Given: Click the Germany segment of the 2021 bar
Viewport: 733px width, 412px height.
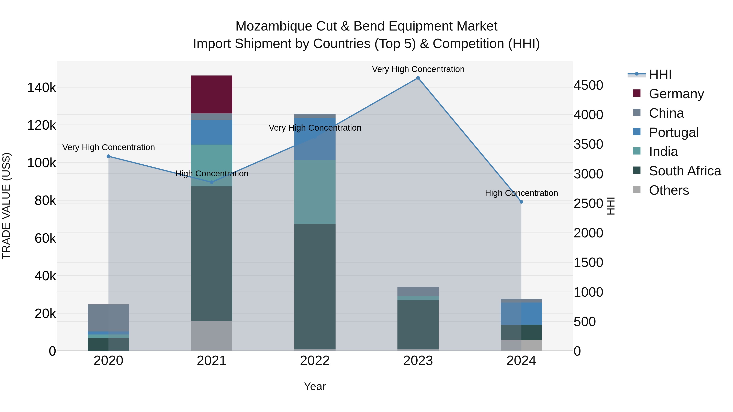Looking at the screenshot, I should pos(211,94).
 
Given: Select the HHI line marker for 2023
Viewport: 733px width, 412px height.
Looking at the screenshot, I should pos(418,78).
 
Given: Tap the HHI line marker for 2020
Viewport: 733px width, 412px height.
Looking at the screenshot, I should pos(108,156).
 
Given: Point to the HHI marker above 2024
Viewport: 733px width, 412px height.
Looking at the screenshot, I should pos(521,202).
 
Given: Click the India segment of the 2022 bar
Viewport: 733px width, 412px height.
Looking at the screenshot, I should pos(315,192).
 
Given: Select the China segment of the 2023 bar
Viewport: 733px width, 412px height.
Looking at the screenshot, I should pos(418,291).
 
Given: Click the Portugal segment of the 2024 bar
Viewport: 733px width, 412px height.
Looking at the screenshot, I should pos(521,314).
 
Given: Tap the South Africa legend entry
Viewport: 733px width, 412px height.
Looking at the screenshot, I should pos(685,171).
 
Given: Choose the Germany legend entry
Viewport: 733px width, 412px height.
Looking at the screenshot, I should pos(676,94).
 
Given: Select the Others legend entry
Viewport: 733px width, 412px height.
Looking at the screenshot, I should pos(669,190).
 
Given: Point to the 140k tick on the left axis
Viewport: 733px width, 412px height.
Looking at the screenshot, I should pos(42,87).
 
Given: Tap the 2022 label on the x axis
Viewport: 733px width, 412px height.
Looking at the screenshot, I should pos(315,361).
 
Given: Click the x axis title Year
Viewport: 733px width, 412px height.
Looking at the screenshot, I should pos(315,386).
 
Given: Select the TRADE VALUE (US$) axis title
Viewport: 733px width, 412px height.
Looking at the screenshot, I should pos(6,206).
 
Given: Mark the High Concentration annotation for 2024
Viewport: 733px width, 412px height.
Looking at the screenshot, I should pos(521,193).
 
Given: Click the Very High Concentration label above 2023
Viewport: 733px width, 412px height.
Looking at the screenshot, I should pos(418,69).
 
